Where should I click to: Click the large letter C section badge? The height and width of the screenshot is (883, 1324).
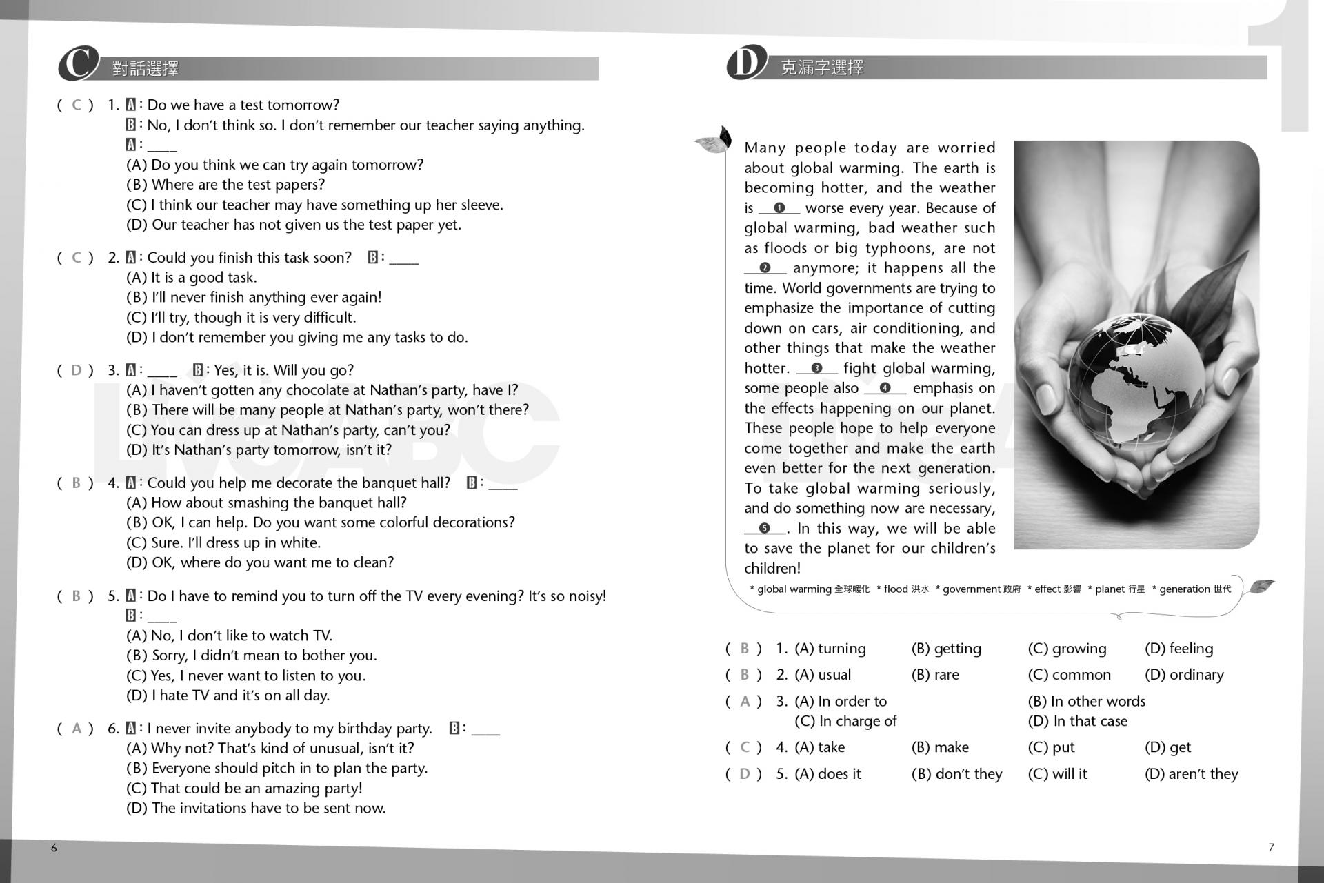[x=77, y=64]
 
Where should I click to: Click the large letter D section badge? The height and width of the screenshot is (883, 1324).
[x=746, y=63]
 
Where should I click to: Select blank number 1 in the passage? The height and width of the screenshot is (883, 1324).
[x=779, y=208]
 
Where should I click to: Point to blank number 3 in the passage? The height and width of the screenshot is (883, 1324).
[x=816, y=368]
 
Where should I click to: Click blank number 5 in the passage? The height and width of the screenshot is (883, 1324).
[x=764, y=529]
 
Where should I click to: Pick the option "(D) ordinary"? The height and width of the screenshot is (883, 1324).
[x=1184, y=675]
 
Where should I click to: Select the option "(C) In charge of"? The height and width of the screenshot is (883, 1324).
[x=845, y=721]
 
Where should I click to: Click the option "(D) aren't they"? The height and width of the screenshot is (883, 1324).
[x=1191, y=774]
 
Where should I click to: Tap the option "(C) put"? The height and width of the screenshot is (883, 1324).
[x=1051, y=747]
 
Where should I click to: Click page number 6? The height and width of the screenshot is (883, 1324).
[x=54, y=848]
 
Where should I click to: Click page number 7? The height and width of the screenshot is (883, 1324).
[x=1271, y=848]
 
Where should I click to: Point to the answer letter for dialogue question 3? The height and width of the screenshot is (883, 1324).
[x=77, y=370]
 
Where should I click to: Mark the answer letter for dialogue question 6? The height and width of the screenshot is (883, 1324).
[x=77, y=729]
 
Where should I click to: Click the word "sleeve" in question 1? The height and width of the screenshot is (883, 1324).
[x=481, y=205]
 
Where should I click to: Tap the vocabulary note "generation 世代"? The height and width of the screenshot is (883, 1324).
[x=1194, y=589]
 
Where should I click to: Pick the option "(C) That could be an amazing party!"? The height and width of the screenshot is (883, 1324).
[x=244, y=789]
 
